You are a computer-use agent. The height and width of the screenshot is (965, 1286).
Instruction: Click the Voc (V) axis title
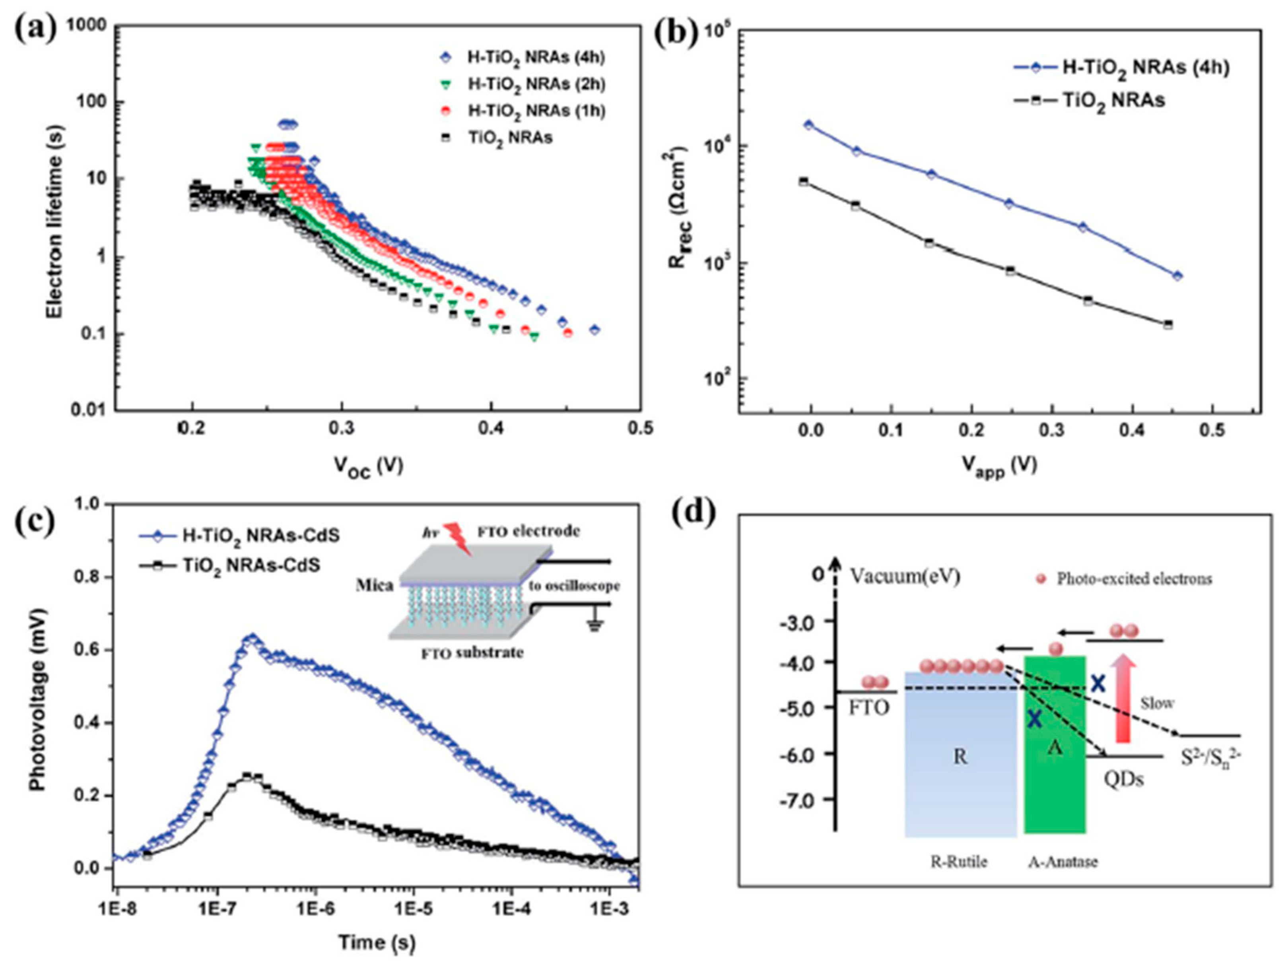pos(367,465)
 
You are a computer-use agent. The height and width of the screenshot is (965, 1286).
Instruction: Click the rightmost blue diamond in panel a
pos(594,330)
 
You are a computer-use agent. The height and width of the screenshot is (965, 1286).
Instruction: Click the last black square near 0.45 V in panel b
pos(1168,324)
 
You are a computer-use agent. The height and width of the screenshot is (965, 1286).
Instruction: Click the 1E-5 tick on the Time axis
pos(414,907)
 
